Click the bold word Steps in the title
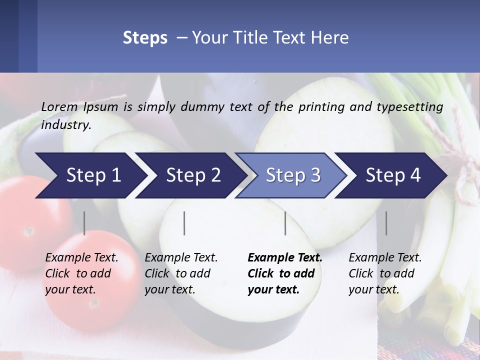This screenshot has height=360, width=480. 145,38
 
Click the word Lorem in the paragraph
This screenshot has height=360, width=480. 59,106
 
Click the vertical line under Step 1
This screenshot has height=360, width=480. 84,223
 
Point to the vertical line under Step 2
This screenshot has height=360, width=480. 184,223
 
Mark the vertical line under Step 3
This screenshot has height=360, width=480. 285,223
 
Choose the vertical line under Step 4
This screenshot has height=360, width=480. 386,223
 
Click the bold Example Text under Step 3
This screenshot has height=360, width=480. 285,258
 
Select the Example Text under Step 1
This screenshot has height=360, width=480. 81,258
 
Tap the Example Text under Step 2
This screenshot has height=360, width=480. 181,258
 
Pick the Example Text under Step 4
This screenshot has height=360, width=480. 385,258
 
